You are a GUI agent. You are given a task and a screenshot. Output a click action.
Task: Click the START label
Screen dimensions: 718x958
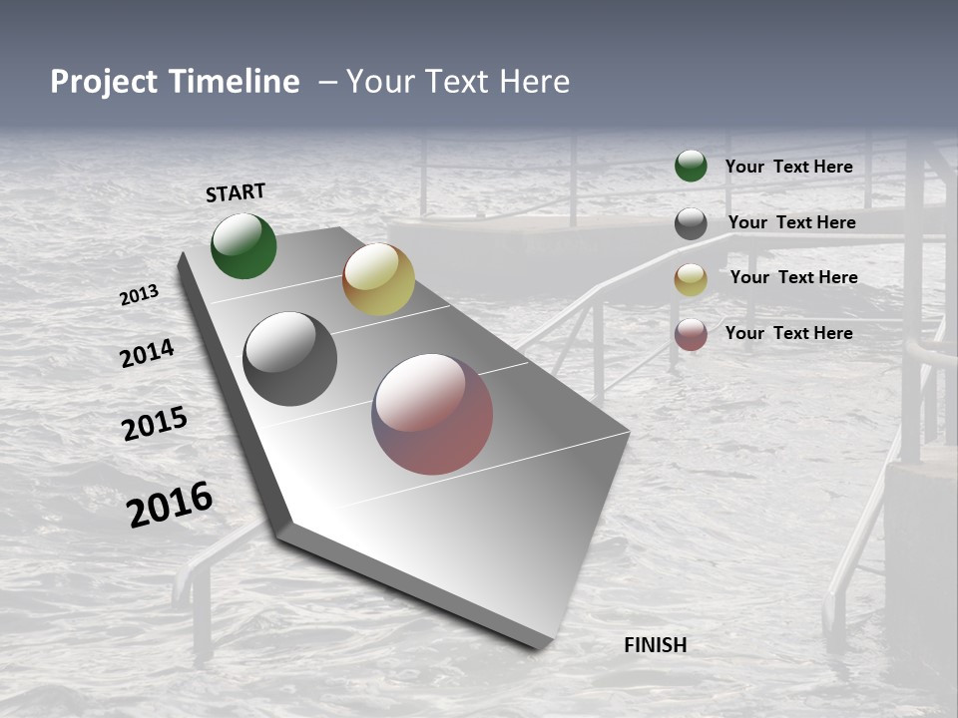(236, 192)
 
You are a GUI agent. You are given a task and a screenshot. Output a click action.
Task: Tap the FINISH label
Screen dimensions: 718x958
(655, 645)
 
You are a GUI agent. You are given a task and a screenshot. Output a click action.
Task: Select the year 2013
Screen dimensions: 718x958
(140, 295)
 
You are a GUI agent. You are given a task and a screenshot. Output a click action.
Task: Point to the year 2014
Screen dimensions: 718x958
(148, 353)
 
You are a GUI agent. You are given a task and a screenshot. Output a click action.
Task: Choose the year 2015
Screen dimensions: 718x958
(155, 424)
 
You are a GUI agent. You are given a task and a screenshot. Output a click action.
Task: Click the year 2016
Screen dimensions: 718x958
(170, 505)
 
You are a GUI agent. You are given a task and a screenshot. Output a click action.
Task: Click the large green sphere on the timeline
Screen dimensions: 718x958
(243, 246)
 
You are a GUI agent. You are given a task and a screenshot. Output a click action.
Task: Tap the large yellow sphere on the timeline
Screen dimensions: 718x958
(378, 279)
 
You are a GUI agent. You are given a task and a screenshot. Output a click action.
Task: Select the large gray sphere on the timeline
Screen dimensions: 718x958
(290, 359)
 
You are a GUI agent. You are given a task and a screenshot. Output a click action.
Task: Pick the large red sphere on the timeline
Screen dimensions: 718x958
(432, 414)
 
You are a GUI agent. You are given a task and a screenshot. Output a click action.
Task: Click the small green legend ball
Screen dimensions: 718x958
(691, 166)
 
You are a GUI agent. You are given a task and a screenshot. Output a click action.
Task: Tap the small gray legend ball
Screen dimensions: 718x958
(691, 223)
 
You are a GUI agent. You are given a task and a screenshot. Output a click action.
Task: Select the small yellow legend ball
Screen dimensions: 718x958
(691, 279)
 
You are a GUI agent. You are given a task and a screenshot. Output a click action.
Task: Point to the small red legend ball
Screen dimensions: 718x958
(691, 334)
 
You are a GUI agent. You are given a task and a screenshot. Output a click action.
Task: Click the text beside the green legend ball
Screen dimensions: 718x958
(788, 167)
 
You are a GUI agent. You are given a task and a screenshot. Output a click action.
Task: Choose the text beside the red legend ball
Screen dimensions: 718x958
(788, 333)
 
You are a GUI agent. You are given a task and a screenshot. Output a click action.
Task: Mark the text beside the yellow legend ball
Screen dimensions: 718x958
(793, 277)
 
